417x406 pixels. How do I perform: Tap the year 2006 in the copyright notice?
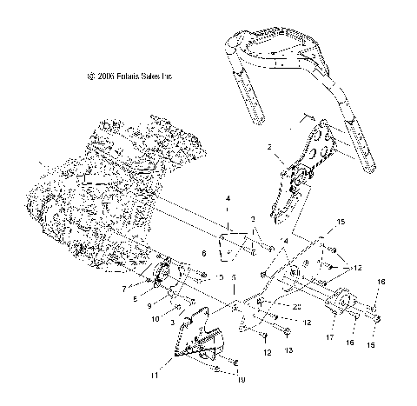coord(105,77)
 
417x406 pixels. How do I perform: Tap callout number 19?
coord(241,378)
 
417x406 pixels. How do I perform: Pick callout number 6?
coord(202,253)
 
